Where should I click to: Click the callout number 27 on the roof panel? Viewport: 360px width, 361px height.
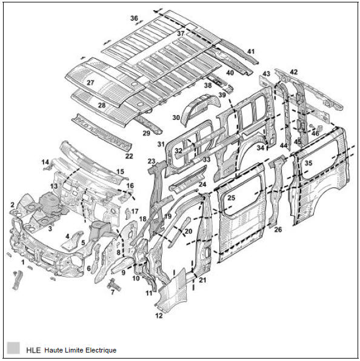pyautogui.click(x=90, y=82)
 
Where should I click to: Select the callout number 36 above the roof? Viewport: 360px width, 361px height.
pyautogui.click(x=134, y=18)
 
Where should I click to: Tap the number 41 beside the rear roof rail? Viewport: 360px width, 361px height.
pyautogui.click(x=251, y=51)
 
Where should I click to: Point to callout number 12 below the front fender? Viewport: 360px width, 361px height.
pyautogui.click(x=159, y=316)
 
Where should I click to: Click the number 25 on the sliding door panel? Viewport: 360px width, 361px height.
pyautogui.click(x=232, y=198)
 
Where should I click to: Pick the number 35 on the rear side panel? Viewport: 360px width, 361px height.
pyautogui.click(x=308, y=163)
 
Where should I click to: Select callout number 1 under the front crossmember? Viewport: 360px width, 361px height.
pyautogui.click(x=22, y=262)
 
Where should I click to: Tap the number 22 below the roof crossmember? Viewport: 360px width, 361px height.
pyautogui.click(x=129, y=156)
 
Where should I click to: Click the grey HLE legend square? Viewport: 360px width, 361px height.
pyautogui.click(x=13, y=348)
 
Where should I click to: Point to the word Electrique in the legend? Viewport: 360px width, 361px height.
pyautogui.click(x=101, y=350)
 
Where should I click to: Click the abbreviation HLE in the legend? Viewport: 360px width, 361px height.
pyautogui.click(x=33, y=351)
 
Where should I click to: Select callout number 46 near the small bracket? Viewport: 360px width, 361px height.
pyautogui.click(x=315, y=133)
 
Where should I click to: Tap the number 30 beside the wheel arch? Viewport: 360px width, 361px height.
pyautogui.click(x=176, y=118)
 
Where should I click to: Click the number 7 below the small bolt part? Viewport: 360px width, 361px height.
pyautogui.click(x=113, y=292)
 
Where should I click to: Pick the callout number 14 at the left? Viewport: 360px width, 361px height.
pyautogui.click(x=45, y=162)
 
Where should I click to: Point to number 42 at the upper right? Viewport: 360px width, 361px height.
pyautogui.click(x=294, y=72)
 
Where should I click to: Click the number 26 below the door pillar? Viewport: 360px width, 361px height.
pyautogui.click(x=278, y=230)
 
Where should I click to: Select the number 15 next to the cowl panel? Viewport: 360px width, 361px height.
pyautogui.click(x=120, y=171)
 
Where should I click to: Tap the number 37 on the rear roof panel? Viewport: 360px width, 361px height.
pyautogui.click(x=181, y=33)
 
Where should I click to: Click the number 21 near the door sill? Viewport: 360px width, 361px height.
pyautogui.click(x=202, y=280)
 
